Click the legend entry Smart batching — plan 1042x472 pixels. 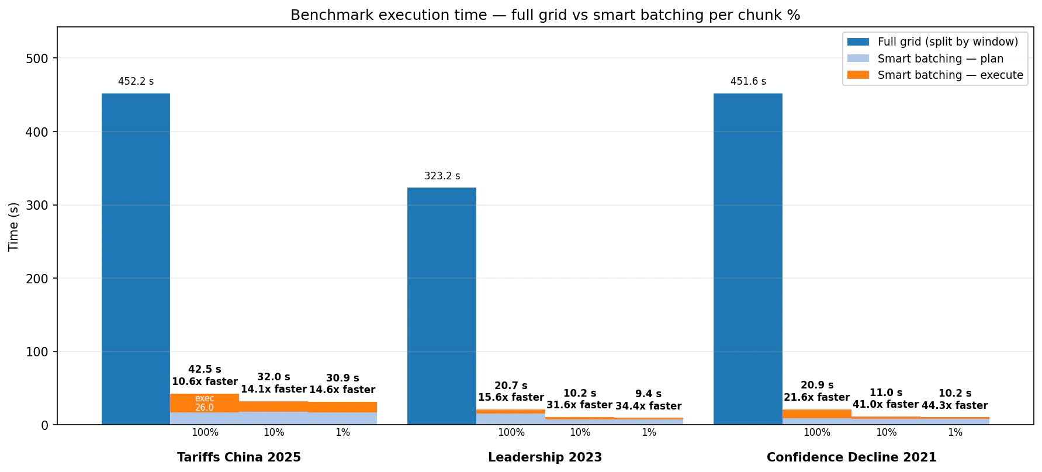coord(940,58)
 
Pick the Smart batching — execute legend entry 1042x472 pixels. coord(950,75)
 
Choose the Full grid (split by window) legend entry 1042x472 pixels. coord(947,41)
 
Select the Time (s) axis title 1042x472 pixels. coord(14,226)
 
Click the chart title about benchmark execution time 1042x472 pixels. coord(545,15)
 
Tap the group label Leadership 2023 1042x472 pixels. coord(545,457)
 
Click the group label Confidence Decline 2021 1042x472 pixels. coord(851,457)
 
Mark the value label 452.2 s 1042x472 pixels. coord(136,82)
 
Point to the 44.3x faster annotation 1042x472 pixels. coord(954,405)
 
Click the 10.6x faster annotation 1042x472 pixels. coord(205,381)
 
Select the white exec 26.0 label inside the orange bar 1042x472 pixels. coord(205,403)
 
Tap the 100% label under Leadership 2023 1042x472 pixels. coord(511,433)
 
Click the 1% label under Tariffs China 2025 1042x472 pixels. coord(342,433)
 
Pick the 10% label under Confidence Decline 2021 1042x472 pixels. coord(886,433)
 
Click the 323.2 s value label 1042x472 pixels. coord(442,176)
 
